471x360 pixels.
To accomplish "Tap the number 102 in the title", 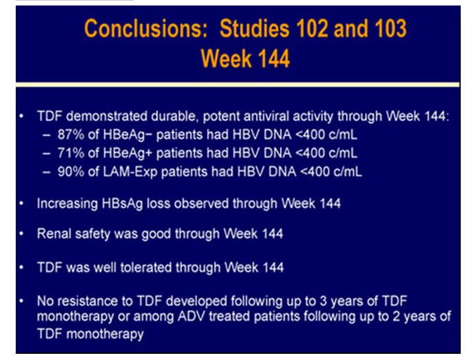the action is point(311,29).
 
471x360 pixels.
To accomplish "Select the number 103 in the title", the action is point(390,29).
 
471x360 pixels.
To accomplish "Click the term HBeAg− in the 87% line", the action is point(127,135).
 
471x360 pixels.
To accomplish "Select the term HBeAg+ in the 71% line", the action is point(127,154).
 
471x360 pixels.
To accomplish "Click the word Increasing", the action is point(67,204).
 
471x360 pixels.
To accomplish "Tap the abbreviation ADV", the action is point(191,316).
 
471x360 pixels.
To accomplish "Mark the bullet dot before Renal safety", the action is point(21,234).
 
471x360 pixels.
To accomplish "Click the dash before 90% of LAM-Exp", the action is point(47,172).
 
